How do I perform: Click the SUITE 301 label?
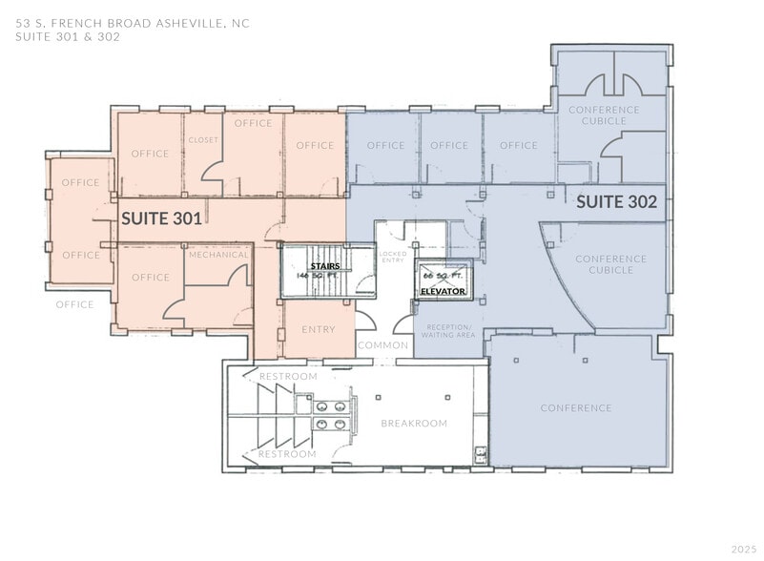click(161, 218)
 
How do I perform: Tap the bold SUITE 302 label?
click(616, 202)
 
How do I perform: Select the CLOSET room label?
click(203, 140)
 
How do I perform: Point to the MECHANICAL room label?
click(218, 255)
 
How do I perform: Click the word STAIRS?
click(318, 265)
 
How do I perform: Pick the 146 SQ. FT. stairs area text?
click(318, 275)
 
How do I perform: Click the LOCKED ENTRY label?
click(392, 257)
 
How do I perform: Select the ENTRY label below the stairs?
click(318, 329)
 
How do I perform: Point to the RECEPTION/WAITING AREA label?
click(449, 331)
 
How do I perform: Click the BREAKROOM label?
click(414, 423)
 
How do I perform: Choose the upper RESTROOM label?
click(288, 377)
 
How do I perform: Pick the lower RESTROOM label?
click(288, 454)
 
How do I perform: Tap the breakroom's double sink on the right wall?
click(481, 455)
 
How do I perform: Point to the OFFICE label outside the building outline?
click(74, 305)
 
